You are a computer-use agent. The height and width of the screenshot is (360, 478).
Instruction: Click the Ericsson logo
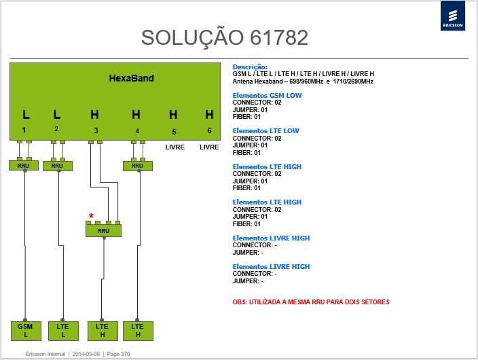453,16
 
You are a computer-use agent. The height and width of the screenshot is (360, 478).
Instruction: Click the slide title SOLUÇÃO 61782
225,38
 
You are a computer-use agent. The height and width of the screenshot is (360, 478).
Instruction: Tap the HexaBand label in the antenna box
132,78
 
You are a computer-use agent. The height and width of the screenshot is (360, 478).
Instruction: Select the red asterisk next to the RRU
91,216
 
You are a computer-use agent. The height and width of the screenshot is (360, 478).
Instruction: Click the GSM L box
26,331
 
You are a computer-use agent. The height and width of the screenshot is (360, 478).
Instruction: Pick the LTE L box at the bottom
63,331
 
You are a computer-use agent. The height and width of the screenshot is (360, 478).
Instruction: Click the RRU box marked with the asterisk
103,231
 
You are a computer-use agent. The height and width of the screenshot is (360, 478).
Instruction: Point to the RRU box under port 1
24,166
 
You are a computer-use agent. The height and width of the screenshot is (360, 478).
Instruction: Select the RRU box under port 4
137,166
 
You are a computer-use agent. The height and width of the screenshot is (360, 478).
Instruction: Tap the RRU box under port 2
57,166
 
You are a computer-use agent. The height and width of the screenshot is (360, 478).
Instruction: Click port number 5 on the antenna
174,132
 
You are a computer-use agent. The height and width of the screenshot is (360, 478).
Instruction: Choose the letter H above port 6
209,115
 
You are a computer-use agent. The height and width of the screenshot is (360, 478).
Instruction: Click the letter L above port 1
26,115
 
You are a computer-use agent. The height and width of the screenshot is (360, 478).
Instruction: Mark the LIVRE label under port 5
175,147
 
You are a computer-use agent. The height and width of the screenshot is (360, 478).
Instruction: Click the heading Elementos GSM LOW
267,96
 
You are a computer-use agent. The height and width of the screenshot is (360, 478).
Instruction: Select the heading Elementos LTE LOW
266,131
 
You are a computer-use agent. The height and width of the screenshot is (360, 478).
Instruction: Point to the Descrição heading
250,67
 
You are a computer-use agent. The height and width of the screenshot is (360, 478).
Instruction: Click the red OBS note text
311,302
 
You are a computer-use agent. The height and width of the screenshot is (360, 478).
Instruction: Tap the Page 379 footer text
118,354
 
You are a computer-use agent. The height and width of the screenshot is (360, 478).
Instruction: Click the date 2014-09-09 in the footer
86,354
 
